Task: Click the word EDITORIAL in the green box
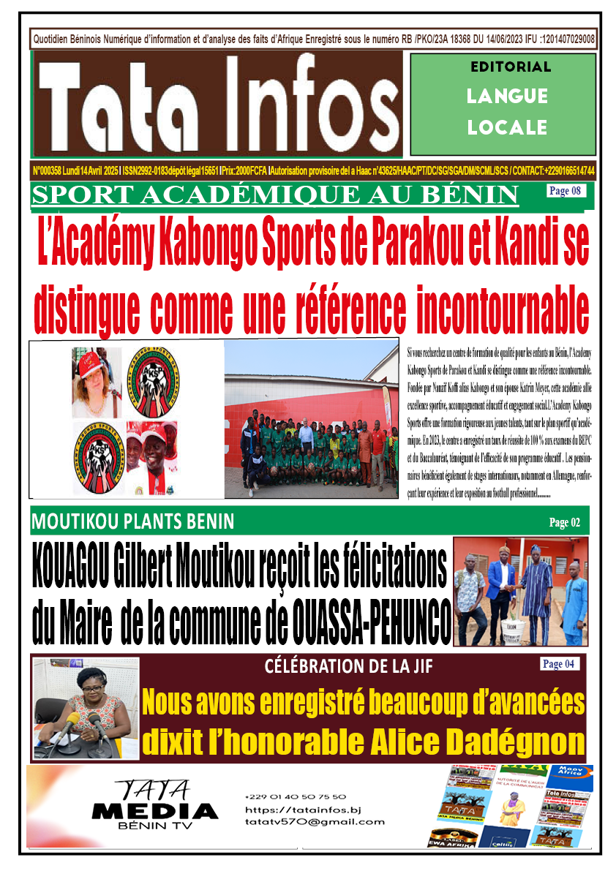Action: [511, 67]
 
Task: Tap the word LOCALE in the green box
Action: [507, 127]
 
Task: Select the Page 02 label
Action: [564, 522]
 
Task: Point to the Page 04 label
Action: [560, 664]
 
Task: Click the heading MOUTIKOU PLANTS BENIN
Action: [132, 522]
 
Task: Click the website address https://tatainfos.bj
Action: [303, 810]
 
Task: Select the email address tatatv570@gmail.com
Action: [315, 821]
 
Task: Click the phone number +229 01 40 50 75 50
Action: [296, 796]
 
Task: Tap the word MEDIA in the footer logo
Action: [154, 811]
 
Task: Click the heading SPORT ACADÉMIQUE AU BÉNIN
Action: [275, 195]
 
